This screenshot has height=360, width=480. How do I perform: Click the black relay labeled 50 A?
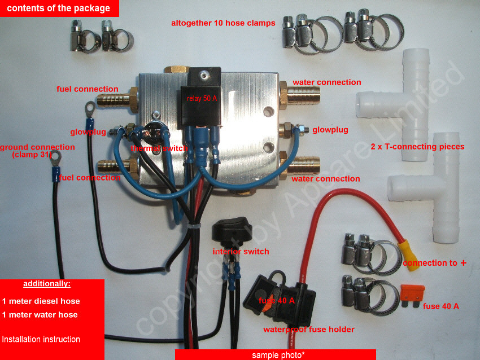tap(201, 101)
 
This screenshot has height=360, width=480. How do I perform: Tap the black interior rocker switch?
tap(232, 232)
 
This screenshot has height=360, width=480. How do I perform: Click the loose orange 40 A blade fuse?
tap(412, 296)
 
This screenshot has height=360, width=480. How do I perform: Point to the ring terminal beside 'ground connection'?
tap(56, 158)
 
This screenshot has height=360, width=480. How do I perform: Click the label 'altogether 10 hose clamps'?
tap(223, 23)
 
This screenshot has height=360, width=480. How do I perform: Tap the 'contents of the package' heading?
tap(59, 8)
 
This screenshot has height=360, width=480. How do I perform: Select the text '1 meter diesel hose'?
tap(41, 301)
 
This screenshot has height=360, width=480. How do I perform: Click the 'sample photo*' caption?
tap(278, 355)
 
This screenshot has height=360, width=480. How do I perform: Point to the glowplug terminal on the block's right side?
tap(293, 129)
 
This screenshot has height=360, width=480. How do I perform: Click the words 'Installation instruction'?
tap(41, 339)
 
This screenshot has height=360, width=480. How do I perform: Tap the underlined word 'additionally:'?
tap(47, 284)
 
